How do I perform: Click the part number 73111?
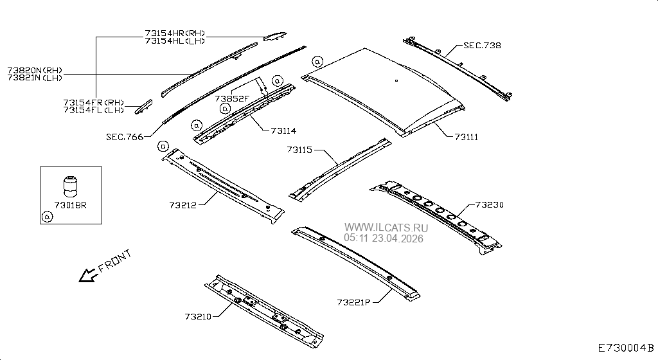467,137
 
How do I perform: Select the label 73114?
283,130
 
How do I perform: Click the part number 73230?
489,205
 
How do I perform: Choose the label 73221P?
354,301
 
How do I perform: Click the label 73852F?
232,99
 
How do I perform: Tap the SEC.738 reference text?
482,46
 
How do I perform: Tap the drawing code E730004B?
625,348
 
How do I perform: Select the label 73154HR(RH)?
175,33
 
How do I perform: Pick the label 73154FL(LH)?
94,110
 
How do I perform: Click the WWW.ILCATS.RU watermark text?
386,228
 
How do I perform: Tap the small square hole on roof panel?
396,80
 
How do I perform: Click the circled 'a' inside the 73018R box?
46,217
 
